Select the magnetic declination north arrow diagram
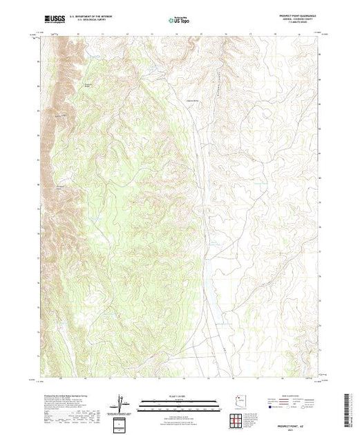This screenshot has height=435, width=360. [x=123, y=403]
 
